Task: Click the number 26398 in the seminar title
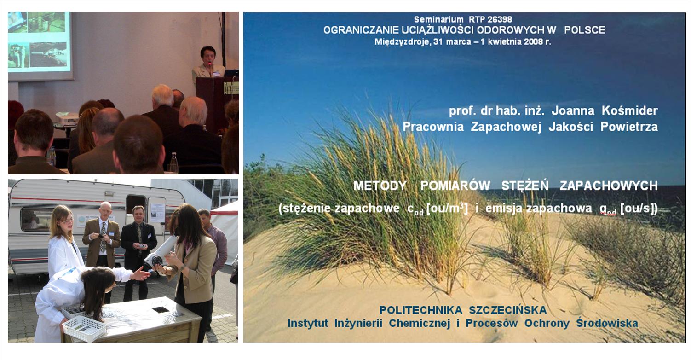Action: tap(499, 19)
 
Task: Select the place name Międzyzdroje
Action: tap(402, 42)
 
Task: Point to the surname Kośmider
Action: tap(630, 111)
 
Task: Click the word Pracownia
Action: tap(433, 127)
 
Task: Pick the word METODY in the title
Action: tap(380, 186)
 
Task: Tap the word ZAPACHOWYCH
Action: tap(608, 186)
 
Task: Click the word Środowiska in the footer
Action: tap(607, 323)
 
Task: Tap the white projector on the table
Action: tap(67, 119)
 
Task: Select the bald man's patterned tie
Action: tap(103, 237)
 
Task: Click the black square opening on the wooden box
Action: tap(161, 309)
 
